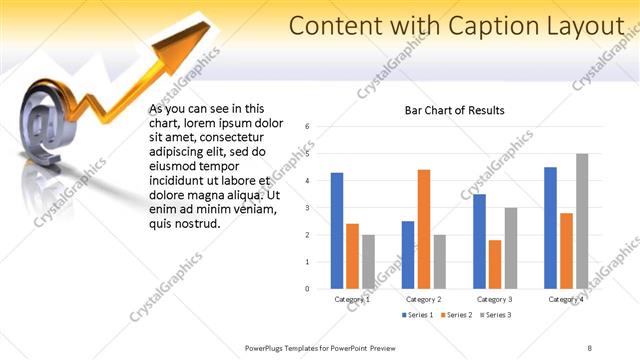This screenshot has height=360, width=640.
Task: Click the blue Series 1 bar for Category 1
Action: tap(337, 231)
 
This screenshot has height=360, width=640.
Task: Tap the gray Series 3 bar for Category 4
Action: tap(581, 221)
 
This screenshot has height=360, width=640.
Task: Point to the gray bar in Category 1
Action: tap(368, 262)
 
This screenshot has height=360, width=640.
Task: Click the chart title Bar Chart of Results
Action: tap(454, 110)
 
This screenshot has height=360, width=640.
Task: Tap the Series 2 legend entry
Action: tap(455, 315)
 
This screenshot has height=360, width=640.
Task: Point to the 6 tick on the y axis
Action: tap(308, 126)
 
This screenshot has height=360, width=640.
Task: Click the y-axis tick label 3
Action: tap(308, 207)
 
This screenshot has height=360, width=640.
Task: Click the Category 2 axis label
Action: tap(424, 299)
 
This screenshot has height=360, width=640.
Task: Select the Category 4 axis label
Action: tap(566, 299)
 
